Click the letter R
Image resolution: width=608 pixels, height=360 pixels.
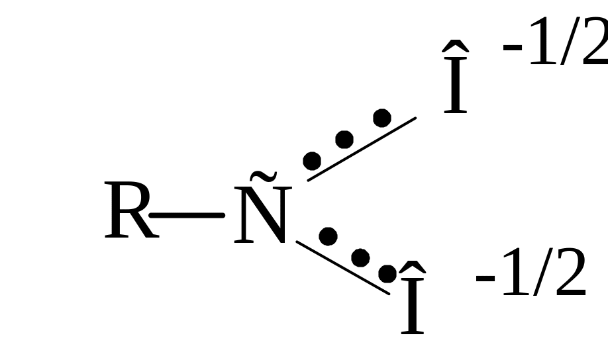point(131,210)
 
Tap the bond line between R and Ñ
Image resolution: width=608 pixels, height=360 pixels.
point(187,216)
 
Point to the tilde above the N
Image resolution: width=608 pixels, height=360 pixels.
point(264,176)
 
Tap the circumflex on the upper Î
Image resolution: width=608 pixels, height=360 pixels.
point(456,46)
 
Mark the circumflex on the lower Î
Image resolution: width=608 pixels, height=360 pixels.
point(412,267)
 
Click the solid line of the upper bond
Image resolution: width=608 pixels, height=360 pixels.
point(362,149)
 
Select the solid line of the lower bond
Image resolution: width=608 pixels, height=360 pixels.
point(343,268)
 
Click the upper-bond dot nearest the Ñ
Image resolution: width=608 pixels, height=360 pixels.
point(312,161)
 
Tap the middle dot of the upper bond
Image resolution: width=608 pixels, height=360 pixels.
point(344,140)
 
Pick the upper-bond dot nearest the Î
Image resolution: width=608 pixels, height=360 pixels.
point(382,118)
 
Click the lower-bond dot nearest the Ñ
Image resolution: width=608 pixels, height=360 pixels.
point(328,236)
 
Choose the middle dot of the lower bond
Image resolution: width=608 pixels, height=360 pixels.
point(360,257)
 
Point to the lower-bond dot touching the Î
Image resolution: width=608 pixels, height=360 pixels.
point(387,274)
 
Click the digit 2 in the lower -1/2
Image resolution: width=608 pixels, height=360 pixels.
point(570,271)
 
